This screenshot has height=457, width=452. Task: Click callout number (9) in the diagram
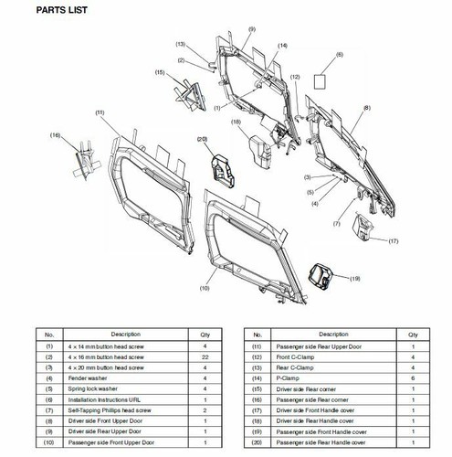pos(250,30)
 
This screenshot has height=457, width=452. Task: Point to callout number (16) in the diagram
pos(55,135)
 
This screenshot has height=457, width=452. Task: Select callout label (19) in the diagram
pos(355,277)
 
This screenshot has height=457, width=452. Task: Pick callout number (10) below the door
pos(204,289)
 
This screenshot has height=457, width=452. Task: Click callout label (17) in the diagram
pos(394,241)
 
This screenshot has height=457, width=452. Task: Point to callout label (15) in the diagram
pos(160,72)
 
